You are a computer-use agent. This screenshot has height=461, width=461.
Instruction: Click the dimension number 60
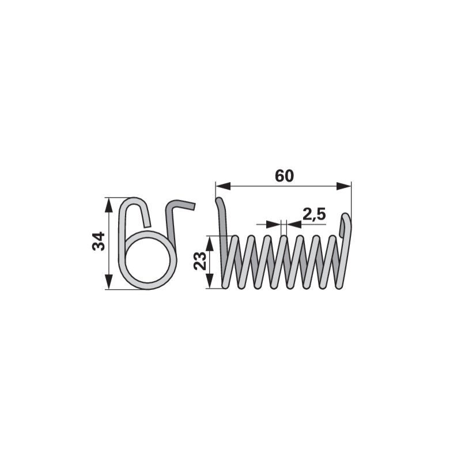[x=284, y=176]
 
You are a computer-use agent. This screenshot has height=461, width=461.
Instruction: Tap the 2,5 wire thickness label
[x=314, y=214]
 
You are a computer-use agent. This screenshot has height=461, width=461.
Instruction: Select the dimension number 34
[x=99, y=241]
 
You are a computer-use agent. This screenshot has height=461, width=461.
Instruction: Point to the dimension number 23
[x=200, y=261]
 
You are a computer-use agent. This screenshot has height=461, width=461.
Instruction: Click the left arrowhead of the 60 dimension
[x=223, y=186]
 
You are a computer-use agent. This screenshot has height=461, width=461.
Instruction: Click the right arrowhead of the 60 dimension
[x=343, y=186]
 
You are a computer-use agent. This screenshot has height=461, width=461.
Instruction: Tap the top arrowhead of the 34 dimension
[x=109, y=205]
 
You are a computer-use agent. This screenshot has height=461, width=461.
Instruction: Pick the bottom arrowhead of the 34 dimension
[x=109, y=282]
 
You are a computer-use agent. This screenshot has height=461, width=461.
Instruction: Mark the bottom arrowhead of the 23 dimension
[x=210, y=281]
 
